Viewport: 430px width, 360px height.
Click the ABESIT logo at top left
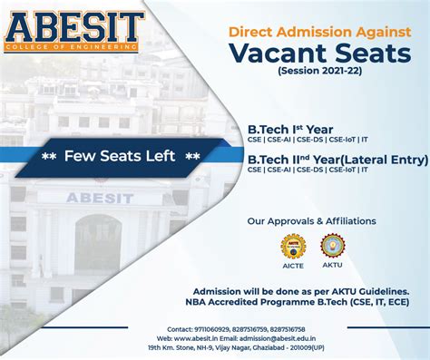coord(73,29)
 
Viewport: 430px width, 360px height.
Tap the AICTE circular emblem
coord(293,245)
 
